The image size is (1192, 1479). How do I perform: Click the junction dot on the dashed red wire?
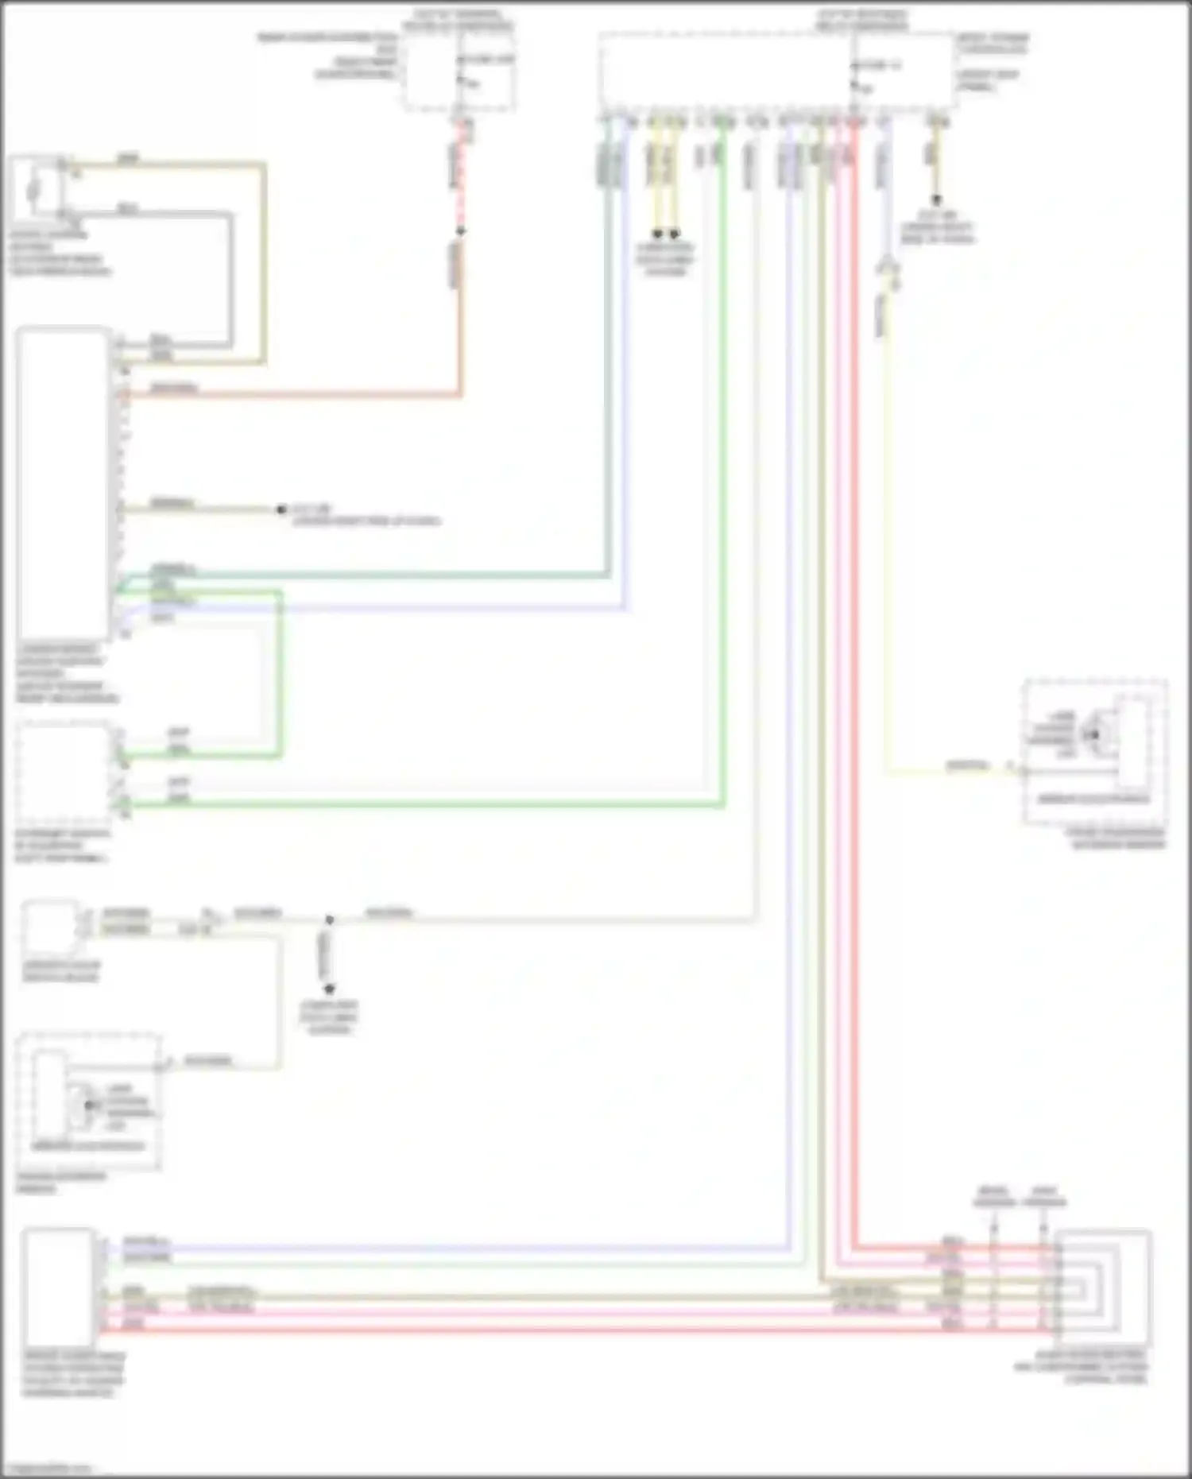tap(460, 231)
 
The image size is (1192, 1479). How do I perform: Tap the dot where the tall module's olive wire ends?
tap(281, 509)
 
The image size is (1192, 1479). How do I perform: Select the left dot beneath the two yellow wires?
tap(657, 234)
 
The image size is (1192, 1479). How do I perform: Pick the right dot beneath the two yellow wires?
tap(674, 234)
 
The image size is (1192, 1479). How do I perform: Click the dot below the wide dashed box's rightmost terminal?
tap(936, 201)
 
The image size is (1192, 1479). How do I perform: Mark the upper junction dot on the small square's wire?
tap(329, 920)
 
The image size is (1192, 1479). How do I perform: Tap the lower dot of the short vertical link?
tap(329, 989)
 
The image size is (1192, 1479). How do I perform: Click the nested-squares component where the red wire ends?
tap(1105, 1280)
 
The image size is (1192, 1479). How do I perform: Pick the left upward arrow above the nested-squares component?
tap(993, 1229)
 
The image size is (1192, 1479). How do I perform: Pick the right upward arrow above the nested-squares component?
tap(1043, 1229)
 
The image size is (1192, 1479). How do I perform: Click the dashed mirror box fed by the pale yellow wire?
tap(1095, 752)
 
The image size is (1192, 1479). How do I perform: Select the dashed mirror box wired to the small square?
tap(89, 1102)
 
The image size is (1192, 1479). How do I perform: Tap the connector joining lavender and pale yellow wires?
tap(888, 269)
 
